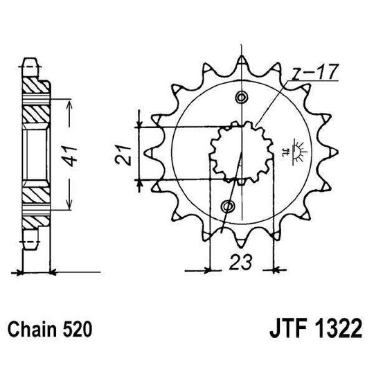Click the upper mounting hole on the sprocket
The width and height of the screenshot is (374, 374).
pyautogui.click(x=241, y=96)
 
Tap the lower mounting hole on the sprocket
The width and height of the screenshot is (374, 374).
pyautogui.click(x=229, y=206)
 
